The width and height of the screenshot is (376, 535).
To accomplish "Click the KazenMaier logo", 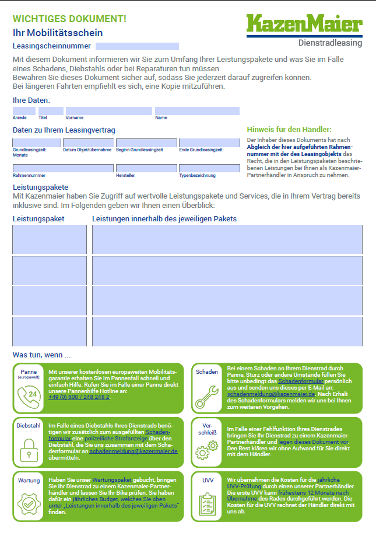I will click(304, 24).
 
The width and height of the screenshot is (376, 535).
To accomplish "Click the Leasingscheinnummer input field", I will click(137, 46).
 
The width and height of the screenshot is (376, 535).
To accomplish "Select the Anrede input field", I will click(24, 111).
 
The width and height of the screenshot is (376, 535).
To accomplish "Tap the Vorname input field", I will click(108, 111).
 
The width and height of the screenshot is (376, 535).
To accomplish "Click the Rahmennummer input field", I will click(63, 168).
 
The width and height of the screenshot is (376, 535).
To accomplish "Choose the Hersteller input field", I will click(146, 168).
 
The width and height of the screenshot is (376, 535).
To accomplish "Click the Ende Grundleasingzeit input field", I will click(209, 143).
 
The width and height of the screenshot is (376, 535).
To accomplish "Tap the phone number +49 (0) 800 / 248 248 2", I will click(79, 397).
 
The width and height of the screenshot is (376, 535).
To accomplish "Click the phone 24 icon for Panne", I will click(29, 395).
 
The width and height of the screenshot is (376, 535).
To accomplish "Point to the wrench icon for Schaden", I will click(207, 395).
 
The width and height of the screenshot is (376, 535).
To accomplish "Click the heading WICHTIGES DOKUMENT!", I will click(69, 19).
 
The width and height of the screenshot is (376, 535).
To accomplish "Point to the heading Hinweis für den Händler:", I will click(289, 129).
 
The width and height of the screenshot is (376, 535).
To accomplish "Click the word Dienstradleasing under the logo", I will click(330, 43).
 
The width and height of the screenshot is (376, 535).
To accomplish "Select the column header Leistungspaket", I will click(38, 219).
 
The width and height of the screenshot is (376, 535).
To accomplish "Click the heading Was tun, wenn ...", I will click(41, 355).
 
